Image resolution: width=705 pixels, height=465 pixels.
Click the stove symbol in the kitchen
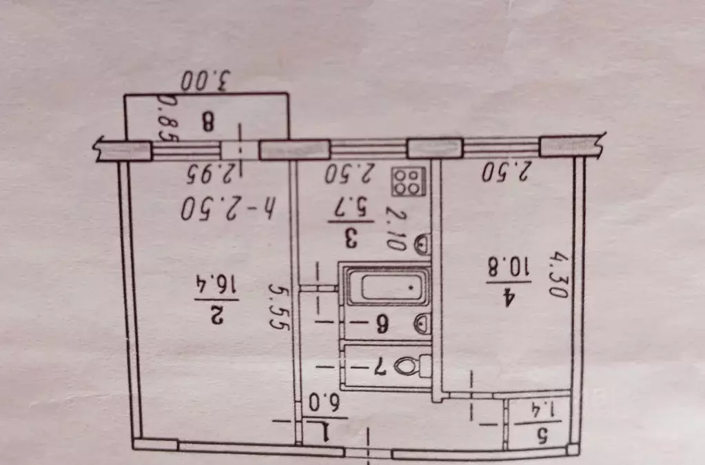click(x=408, y=181)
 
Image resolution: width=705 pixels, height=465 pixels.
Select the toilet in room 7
click(x=412, y=366)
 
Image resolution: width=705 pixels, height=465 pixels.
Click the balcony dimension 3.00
click(x=205, y=81)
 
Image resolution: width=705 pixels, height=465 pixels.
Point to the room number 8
click(x=207, y=122)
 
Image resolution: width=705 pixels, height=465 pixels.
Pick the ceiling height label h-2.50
click(x=229, y=208)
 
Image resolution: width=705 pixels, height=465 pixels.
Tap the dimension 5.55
click(x=278, y=306)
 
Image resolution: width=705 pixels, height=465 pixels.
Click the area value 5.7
click(x=352, y=208)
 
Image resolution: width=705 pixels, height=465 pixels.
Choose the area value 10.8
click(x=509, y=267)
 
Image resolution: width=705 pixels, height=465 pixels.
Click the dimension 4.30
click(x=558, y=275)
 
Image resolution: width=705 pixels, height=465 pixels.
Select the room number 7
click(x=381, y=367)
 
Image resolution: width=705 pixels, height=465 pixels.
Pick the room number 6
click(x=382, y=324)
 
